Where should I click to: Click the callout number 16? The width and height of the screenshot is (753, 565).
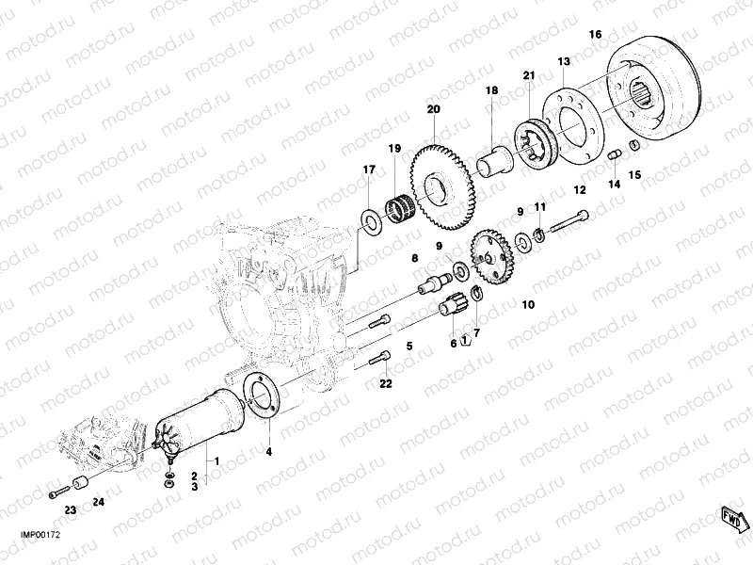(x=595, y=35)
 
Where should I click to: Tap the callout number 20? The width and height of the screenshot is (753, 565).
(x=433, y=110)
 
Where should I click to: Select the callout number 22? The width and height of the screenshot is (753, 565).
(x=385, y=383)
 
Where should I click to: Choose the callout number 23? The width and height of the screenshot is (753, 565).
(x=70, y=509)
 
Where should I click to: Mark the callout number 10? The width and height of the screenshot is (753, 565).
(x=527, y=304)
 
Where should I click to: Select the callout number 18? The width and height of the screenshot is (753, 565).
(x=491, y=90)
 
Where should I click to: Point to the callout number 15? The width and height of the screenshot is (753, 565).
(x=634, y=174)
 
